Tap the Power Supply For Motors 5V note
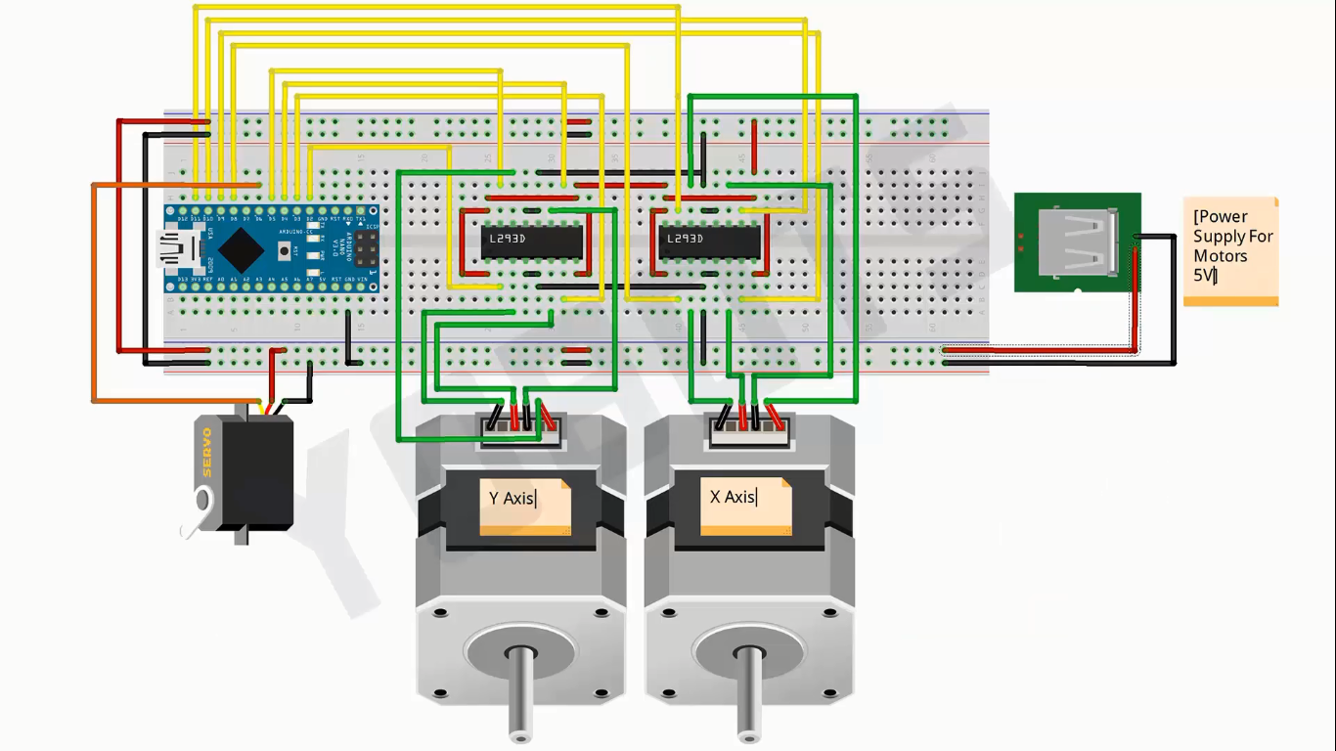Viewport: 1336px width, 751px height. coord(1230,250)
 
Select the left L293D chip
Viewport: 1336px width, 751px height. coord(532,239)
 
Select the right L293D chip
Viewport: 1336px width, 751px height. coord(710,239)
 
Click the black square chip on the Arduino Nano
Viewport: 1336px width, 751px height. coord(241,249)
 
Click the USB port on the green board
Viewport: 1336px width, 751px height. coord(1082,243)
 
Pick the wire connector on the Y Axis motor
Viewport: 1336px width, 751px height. coord(520,429)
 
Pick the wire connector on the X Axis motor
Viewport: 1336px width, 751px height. coord(749,428)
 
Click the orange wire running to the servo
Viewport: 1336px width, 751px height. coord(94,293)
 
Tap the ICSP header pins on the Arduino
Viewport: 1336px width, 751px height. coord(367,249)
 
